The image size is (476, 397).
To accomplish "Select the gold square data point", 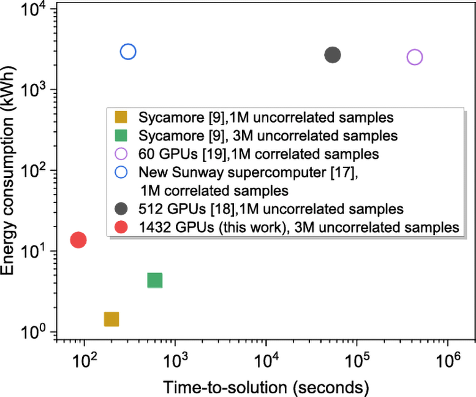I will tap(111, 319).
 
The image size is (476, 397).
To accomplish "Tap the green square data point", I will tap(155, 280).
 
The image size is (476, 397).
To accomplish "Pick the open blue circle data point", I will tap(128, 52).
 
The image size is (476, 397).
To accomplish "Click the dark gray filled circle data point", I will tap(333, 55).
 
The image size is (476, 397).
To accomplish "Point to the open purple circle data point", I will tap(415, 57).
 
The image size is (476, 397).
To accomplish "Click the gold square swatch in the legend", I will tap(121, 117).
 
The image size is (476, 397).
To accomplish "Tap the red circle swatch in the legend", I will tap(121, 227).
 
